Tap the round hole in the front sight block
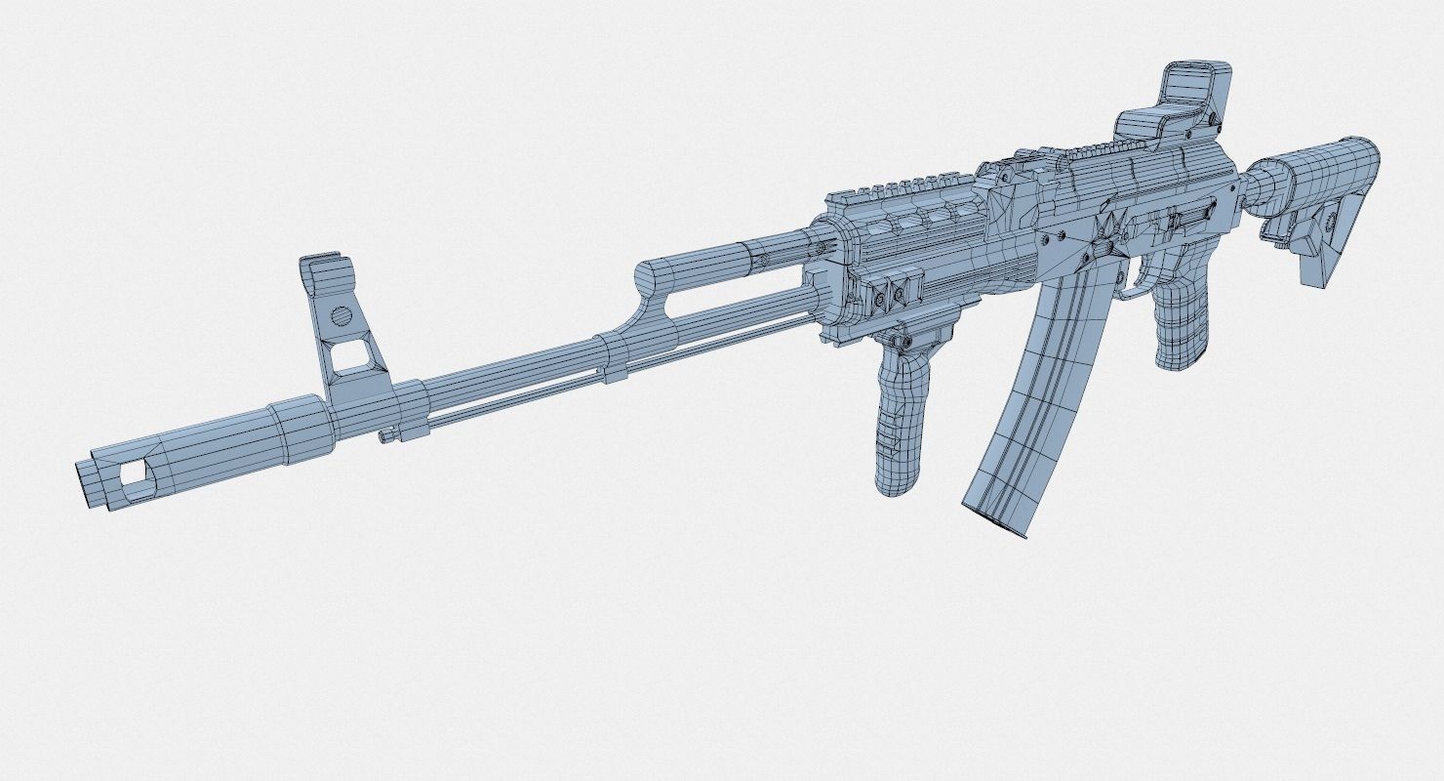(x=341, y=315)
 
